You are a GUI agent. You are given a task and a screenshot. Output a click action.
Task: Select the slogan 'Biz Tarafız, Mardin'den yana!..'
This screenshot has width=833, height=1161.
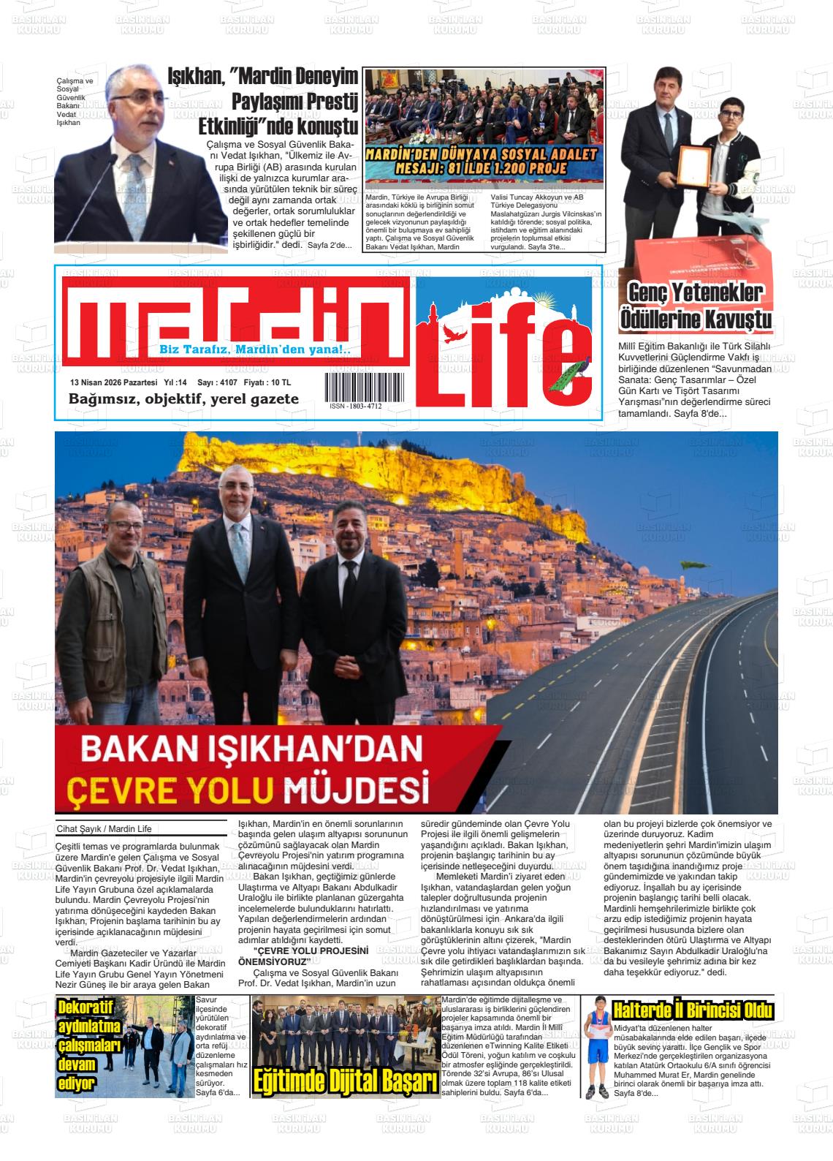coord(255,350)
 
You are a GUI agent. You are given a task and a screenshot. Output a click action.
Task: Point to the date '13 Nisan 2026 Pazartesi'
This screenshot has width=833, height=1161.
coord(113,382)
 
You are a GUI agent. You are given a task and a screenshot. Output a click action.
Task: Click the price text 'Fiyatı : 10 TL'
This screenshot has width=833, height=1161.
coord(267,382)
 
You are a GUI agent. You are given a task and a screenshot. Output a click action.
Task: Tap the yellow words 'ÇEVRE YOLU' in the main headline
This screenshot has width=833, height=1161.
coord(170,790)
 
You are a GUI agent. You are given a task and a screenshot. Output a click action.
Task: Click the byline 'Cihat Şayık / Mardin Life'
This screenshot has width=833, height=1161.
coord(103,829)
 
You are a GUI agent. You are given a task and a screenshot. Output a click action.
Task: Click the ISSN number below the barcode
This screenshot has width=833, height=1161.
coord(355,406)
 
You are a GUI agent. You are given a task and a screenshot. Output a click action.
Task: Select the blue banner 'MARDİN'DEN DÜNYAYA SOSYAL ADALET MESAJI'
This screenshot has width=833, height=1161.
coord(484,163)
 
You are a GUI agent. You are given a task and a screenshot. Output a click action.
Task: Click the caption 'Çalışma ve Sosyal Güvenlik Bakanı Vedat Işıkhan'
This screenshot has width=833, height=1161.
coord(75,102)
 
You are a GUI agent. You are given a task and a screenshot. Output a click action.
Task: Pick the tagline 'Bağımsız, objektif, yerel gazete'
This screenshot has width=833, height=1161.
coord(183,399)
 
